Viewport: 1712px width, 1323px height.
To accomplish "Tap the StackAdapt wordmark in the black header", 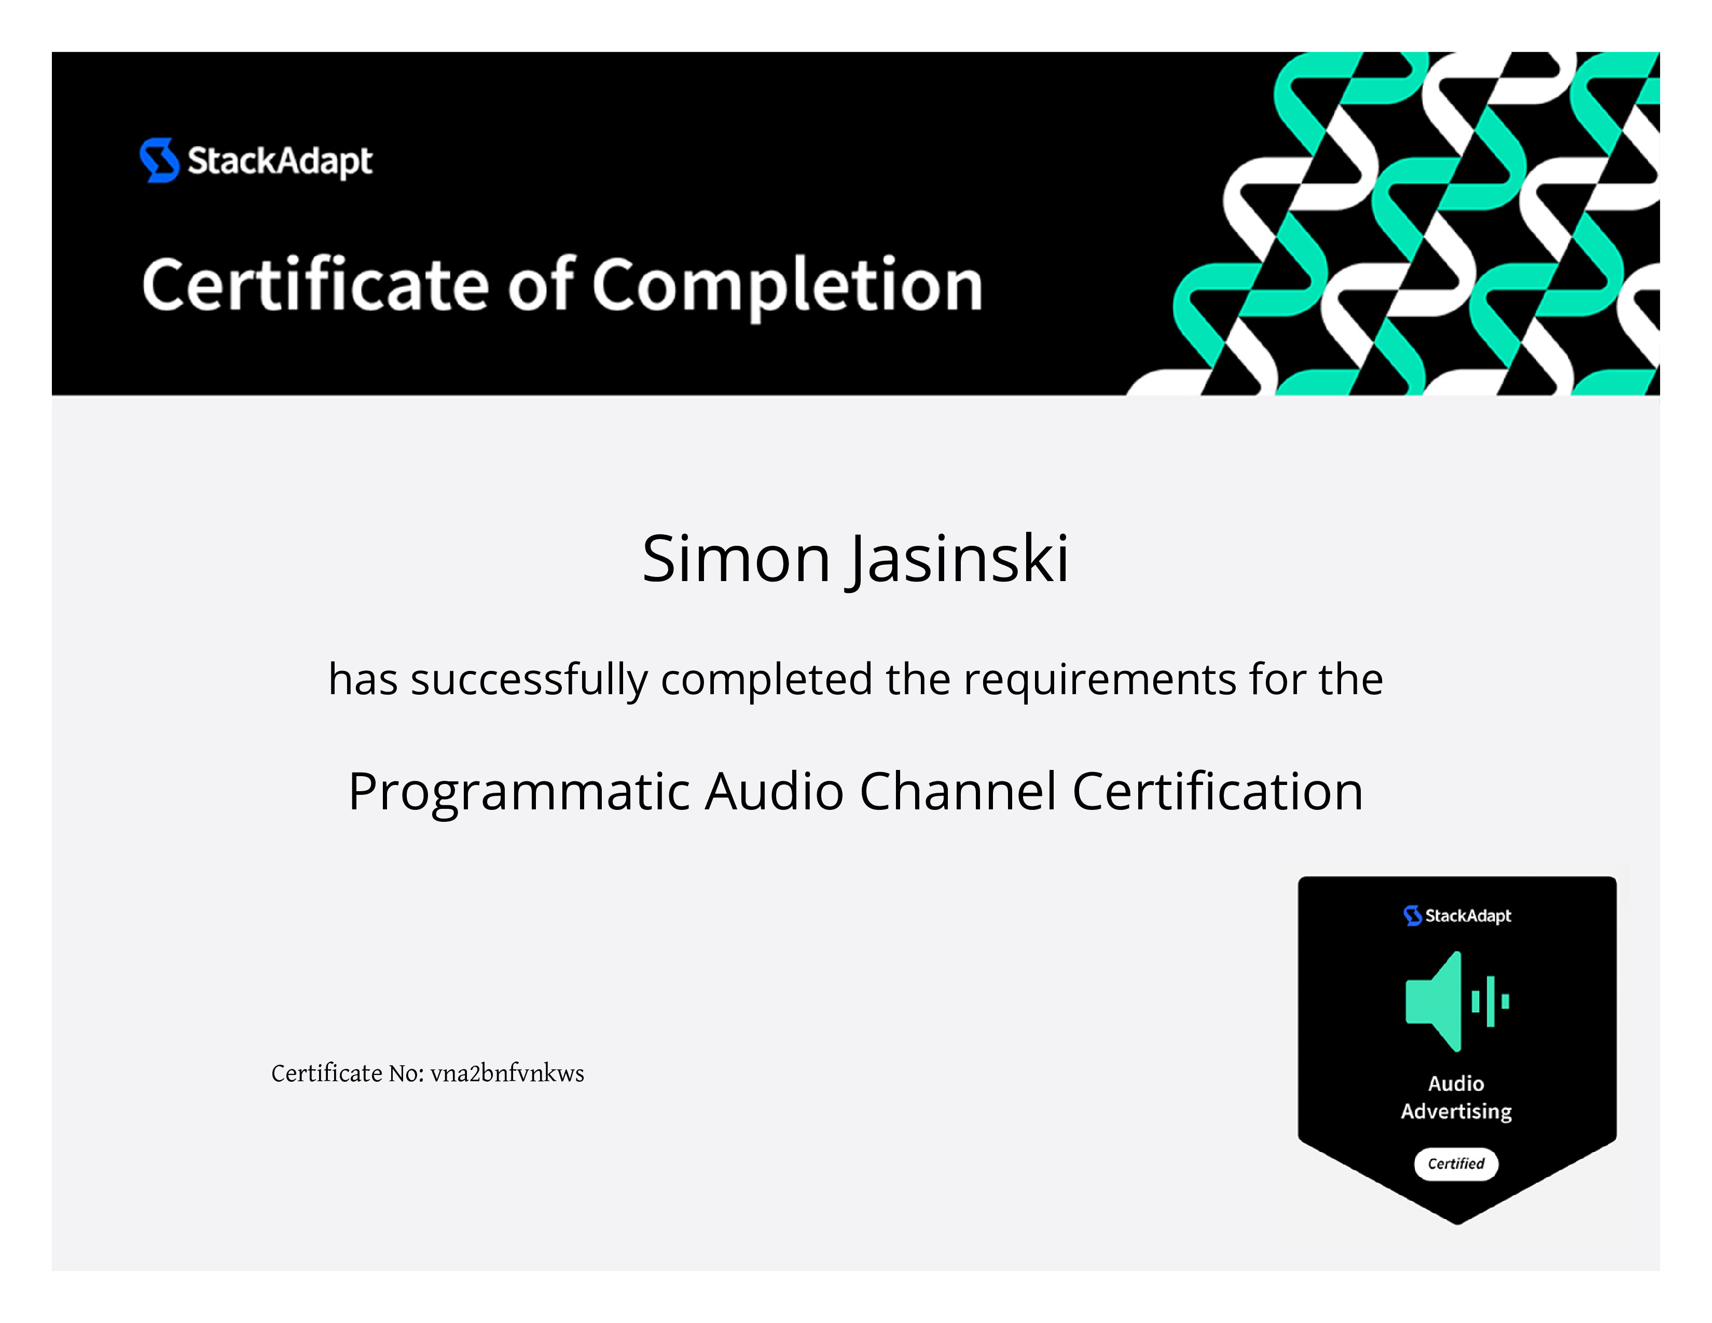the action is click(x=280, y=161).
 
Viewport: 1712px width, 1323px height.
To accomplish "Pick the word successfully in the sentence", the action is click(x=529, y=680).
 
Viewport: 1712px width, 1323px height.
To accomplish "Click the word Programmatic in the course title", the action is click(x=519, y=792).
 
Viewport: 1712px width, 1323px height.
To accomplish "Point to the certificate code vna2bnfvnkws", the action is click(x=507, y=1073).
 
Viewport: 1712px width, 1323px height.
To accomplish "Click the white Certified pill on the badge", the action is click(x=1456, y=1164).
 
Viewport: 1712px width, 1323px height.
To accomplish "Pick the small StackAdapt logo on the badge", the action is click(x=1457, y=915).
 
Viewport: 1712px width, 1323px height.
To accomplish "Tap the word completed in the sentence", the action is click(x=767, y=680).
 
